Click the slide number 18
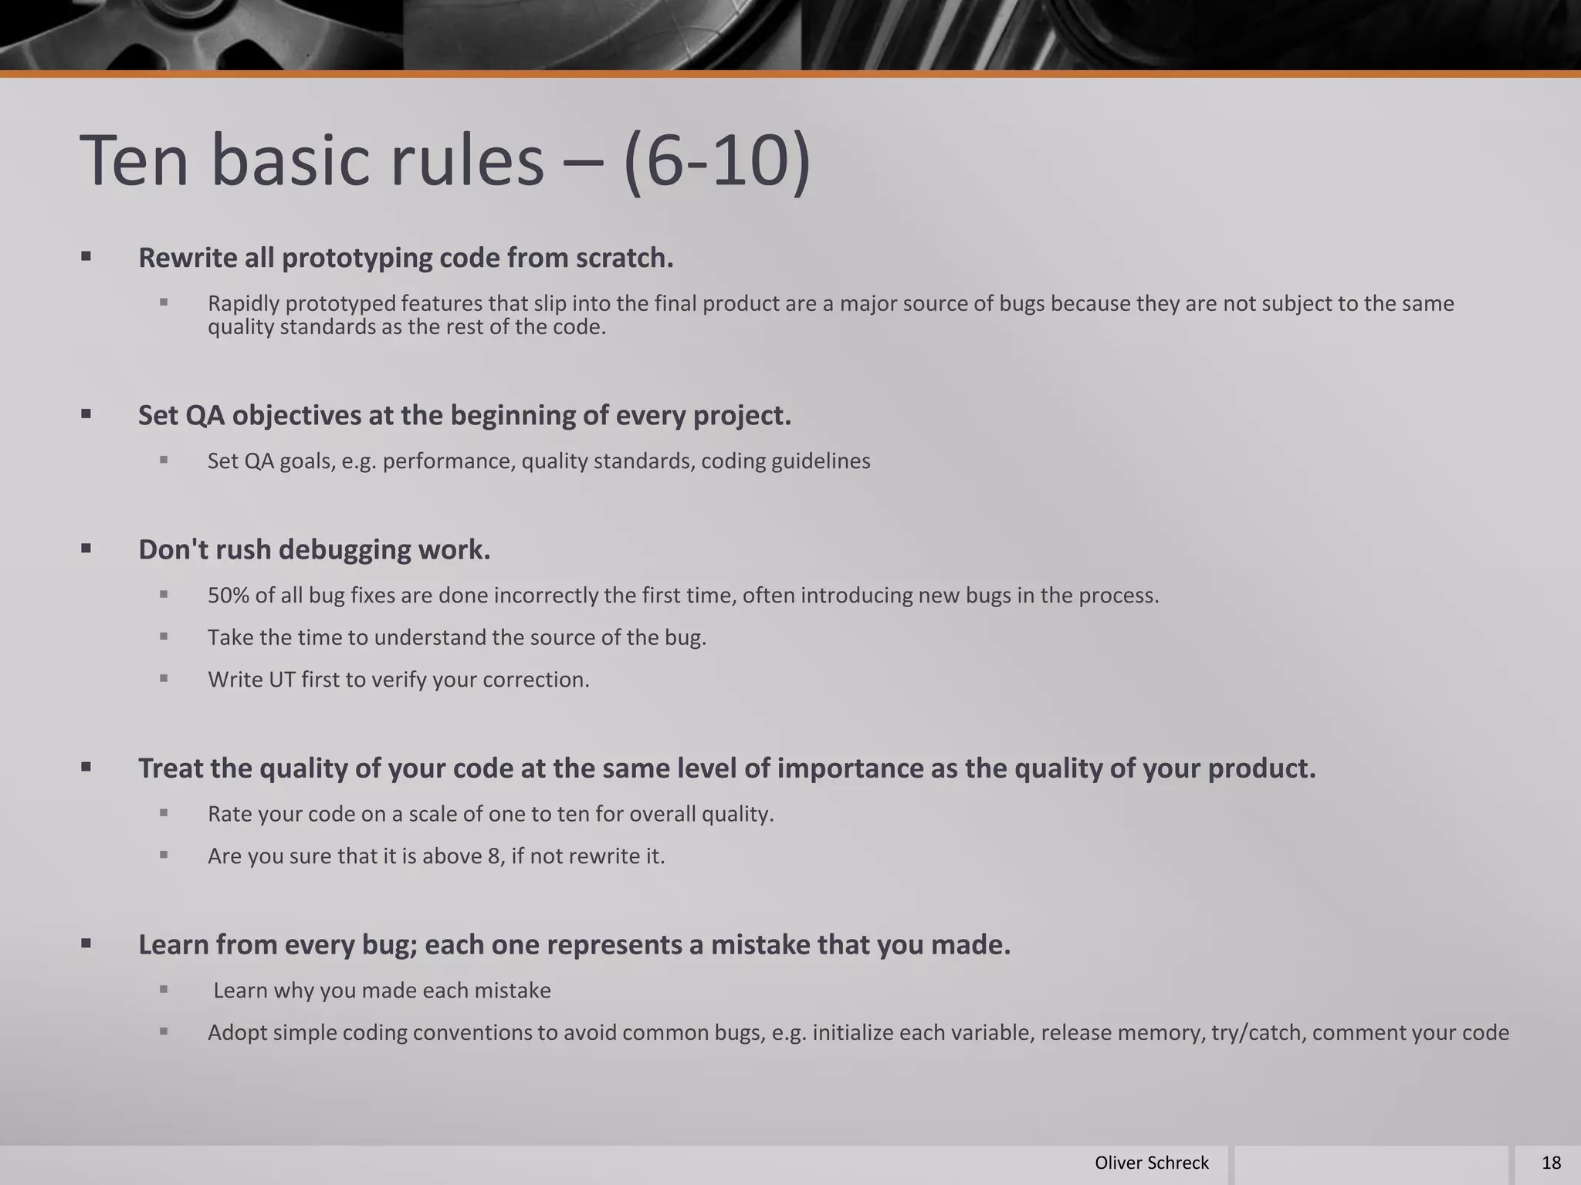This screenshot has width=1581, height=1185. pyautogui.click(x=1551, y=1163)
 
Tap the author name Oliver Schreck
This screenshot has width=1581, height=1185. pyautogui.click(x=1151, y=1163)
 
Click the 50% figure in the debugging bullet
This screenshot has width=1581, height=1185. pyautogui.click(x=228, y=596)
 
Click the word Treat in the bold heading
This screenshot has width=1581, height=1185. pyautogui.click(x=170, y=768)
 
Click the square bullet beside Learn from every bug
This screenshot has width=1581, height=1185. pyautogui.click(x=86, y=944)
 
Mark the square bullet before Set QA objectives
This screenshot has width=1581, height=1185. pyautogui.click(x=86, y=414)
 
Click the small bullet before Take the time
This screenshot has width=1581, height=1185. pyautogui.click(x=164, y=637)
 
